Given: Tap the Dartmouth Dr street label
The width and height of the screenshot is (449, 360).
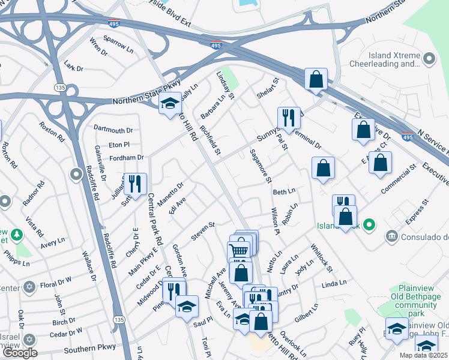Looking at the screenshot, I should [x=113, y=130].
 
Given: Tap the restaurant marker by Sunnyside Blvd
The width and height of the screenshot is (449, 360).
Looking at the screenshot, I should [x=289, y=118].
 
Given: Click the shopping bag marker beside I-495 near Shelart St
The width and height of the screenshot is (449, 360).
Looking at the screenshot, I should [x=316, y=79].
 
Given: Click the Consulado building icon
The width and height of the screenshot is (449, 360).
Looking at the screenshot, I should [x=393, y=235].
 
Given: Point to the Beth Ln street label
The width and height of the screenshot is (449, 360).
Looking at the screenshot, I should [x=285, y=191].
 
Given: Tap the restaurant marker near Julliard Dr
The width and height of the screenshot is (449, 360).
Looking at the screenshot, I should [x=134, y=184].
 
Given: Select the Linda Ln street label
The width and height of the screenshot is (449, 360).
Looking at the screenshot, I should [x=334, y=283].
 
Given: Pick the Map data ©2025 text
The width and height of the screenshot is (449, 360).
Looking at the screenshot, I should [x=423, y=355].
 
